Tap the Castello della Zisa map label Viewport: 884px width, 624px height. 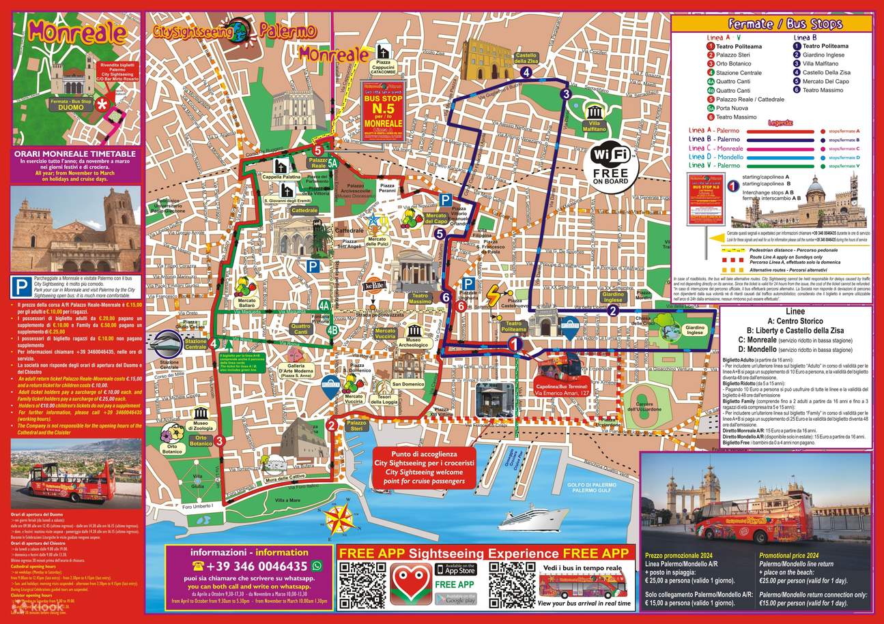526,57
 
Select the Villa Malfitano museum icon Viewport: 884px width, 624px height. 593,113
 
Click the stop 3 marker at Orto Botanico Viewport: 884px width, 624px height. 220,441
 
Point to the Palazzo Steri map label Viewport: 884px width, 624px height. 357,426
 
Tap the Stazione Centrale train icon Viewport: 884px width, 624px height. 169,341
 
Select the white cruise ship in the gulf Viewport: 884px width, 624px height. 525,516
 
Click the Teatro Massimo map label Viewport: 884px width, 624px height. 420,299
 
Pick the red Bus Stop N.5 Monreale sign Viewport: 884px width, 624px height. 382,112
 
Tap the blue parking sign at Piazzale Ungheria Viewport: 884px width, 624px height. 468,284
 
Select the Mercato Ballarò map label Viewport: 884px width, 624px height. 247,319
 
